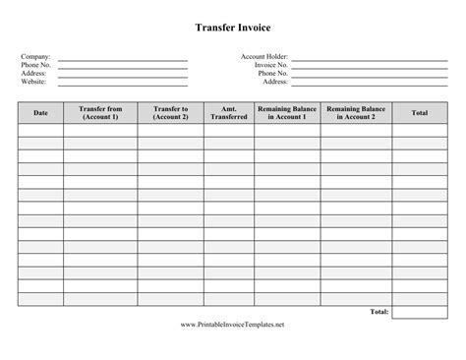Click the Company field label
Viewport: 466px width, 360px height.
tap(36, 57)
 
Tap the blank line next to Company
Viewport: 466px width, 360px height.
tap(123, 59)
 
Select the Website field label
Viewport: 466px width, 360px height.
tap(34, 82)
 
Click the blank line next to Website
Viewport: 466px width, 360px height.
tap(123, 84)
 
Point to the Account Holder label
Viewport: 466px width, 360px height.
tap(264, 57)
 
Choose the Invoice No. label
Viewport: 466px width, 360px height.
tap(270, 65)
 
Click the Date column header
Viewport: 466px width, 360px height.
tap(40, 113)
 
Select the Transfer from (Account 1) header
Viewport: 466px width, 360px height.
tap(100, 113)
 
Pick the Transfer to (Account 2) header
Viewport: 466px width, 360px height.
tap(170, 113)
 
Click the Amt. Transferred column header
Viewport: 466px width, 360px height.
tap(227, 113)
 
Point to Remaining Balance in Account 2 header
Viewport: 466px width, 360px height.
tap(356, 113)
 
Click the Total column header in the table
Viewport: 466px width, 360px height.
tap(419, 113)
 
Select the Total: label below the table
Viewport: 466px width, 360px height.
tap(379, 312)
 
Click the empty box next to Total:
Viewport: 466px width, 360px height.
tap(419, 312)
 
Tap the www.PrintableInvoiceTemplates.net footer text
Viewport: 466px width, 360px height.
tap(233, 325)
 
